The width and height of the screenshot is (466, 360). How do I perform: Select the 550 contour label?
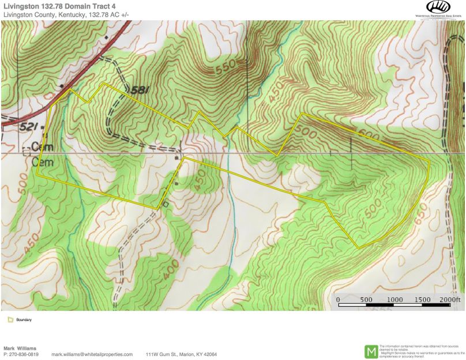pos(226,69)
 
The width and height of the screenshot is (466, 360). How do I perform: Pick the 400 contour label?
pos(168,271)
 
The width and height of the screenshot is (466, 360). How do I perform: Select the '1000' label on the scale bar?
pos(394,299)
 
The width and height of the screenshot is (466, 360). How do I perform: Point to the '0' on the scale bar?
pos(337,299)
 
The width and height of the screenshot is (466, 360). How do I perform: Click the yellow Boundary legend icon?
pos(10,319)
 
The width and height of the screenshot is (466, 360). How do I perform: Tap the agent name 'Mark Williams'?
pos(20,348)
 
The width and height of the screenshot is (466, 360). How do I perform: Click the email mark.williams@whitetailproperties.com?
pos(92,354)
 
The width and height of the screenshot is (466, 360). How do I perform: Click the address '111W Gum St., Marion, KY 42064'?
pos(182,354)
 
